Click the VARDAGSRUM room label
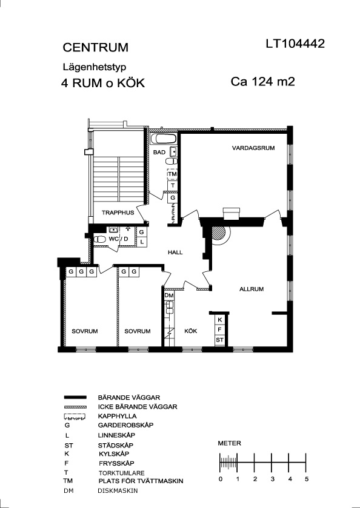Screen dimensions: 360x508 click(253, 148)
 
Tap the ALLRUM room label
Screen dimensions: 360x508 click(252, 289)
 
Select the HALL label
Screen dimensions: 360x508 click(175, 252)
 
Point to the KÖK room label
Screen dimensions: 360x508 click(191, 331)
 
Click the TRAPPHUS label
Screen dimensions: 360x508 click(118, 213)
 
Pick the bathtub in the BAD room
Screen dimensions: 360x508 click(164, 139)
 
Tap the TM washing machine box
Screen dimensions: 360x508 click(173, 174)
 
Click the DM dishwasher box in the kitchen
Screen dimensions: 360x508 click(169, 295)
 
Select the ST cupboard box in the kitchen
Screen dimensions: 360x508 click(220, 340)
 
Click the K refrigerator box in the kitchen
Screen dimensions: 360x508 click(220, 320)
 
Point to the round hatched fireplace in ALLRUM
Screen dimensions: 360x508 click(218, 233)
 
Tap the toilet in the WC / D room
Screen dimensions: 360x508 click(99, 239)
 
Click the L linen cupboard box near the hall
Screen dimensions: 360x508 click(142, 242)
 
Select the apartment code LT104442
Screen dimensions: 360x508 click(295, 44)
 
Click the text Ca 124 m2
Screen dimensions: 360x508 click(262, 82)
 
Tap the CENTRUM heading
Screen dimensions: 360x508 click(95, 48)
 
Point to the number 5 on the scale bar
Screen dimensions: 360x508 click(307, 479)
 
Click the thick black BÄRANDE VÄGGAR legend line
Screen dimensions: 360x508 click(75, 397)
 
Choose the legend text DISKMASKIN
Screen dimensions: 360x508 click(118, 490)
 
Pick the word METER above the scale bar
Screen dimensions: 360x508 click(229, 443)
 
